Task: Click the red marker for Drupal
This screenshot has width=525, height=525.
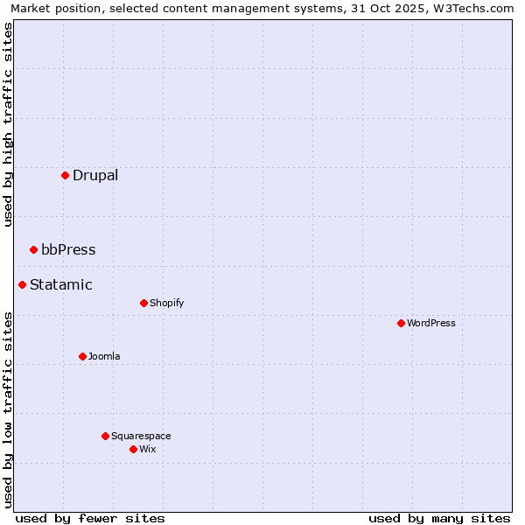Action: pyautogui.click(x=65, y=175)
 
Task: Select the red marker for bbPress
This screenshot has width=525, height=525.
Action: pyautogui.click(x=33, y=249)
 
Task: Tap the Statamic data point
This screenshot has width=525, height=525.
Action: pyautogui.click(x=22, y=284)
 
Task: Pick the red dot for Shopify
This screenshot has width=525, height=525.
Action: pyautogui.click(x=143, y=303)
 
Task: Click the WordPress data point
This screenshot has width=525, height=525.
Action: pyautogui.click(x=401, y=323)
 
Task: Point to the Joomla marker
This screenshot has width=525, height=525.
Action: pyautogui.click(x=82, y=356)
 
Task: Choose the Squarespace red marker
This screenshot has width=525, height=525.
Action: pyautogui.click(x=105, y=436)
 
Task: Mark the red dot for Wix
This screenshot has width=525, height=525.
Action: pyautogui.click(x=133, y=449)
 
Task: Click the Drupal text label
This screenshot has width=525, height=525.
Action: pyautogui.click(x=95, y=175)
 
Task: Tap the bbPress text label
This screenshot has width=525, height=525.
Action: pyautogui.click(x=68, y=249)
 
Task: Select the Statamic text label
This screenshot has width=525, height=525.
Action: pyautogui.click(x=61, y=284)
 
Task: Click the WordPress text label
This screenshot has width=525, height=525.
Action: pyautogui.click(x=431, y=323)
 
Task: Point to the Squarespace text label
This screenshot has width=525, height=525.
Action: pyautogui.click(x=141, y=436)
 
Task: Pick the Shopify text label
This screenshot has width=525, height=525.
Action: pyautogui.click(x=167, y=303)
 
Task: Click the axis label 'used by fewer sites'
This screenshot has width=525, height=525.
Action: pyautogui.click(x=90, y=518)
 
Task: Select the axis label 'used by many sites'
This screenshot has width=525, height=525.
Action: pyautogui.click(x=439, y=518)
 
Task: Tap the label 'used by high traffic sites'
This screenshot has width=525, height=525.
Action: pyautogui.click(x=8, y=124)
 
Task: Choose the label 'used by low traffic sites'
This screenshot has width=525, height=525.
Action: pyautogui.click(x=8, y=409)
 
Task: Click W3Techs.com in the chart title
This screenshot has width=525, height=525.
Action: pyautogui.click(x=472, y=8)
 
